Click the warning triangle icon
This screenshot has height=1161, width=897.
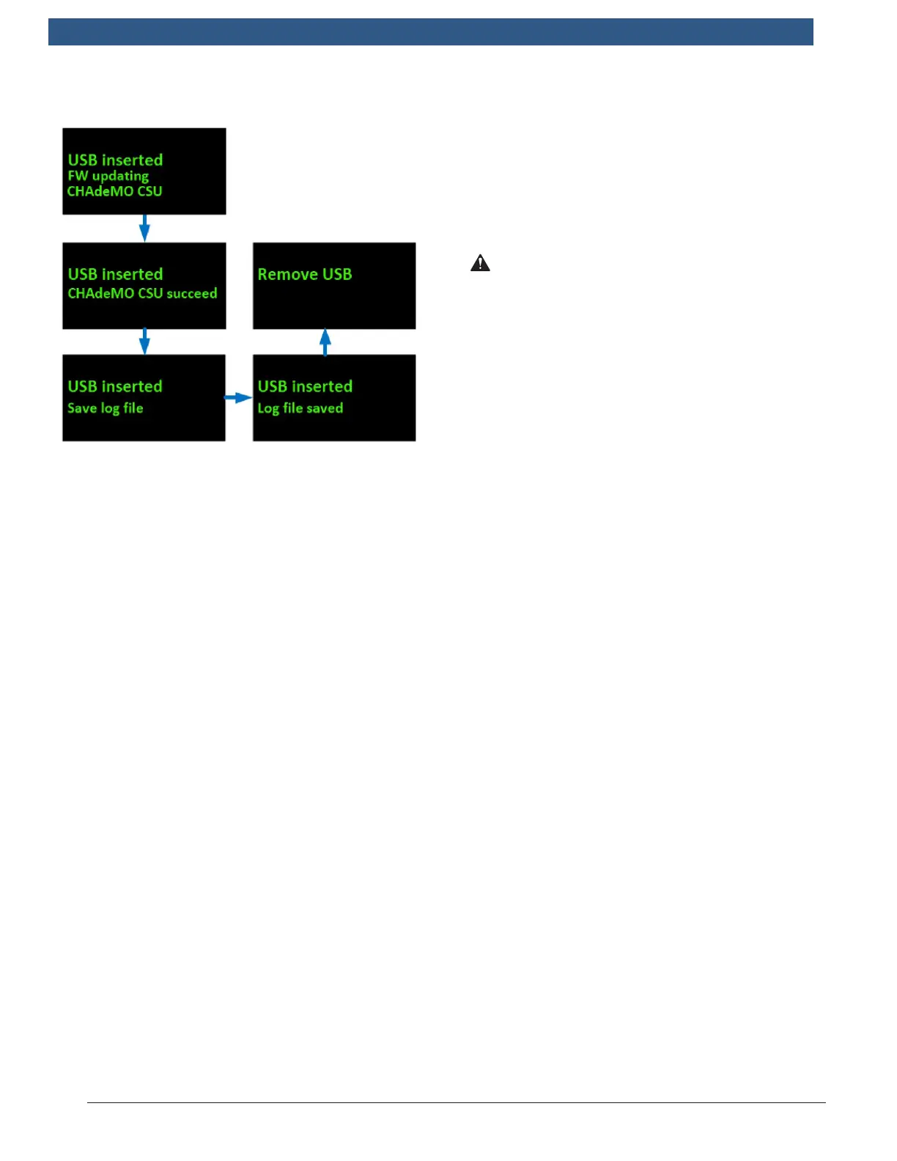[x=480, y=263]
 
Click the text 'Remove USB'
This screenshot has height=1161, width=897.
[x=305, y=274]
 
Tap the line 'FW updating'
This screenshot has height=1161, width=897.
[x=108, y=176]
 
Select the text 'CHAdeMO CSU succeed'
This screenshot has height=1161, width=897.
[x=142, y=293]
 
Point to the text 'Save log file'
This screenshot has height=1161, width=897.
[x=106, y=408]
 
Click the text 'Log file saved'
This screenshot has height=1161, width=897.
[x=300, y=408]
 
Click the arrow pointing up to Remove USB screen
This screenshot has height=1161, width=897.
[x=325, y=342]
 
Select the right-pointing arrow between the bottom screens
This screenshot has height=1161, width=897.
[x=238, y=398]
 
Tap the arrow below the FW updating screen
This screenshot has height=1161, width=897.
[x=144, y=228]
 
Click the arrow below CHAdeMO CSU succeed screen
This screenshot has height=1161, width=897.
[x=144, y=342]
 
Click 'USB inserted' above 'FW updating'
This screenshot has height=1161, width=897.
[x=115, y=160]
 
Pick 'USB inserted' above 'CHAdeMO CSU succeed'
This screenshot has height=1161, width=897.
[x=115, y=274]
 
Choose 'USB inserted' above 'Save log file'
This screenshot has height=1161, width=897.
[x=115, y=386]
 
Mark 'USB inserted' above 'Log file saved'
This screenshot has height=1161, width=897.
[x=305, y=386]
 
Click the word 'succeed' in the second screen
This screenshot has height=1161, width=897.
[x=192, y=293]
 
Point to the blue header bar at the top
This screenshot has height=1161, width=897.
[x=431, y=32]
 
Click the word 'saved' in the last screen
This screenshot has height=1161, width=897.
[x=325, y=408]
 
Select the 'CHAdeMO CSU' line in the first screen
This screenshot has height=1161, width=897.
[x=114, y=191]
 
